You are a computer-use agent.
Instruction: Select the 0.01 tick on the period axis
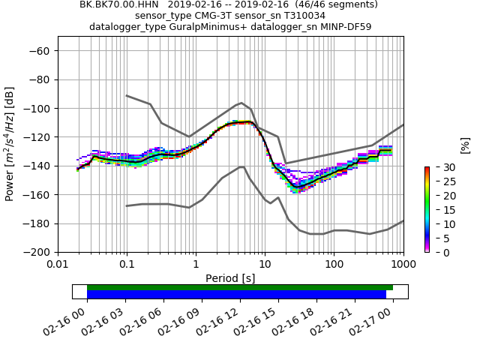point(58,264)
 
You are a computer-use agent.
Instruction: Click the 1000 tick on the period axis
point(403,264)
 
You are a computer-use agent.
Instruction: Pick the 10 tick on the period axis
point(265,264)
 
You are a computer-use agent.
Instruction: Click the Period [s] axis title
point(230,278)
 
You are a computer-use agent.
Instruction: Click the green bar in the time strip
point(240,287)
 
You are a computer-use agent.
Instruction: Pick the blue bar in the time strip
point(236,295)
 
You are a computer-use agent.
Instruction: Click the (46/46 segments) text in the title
point(334,4)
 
